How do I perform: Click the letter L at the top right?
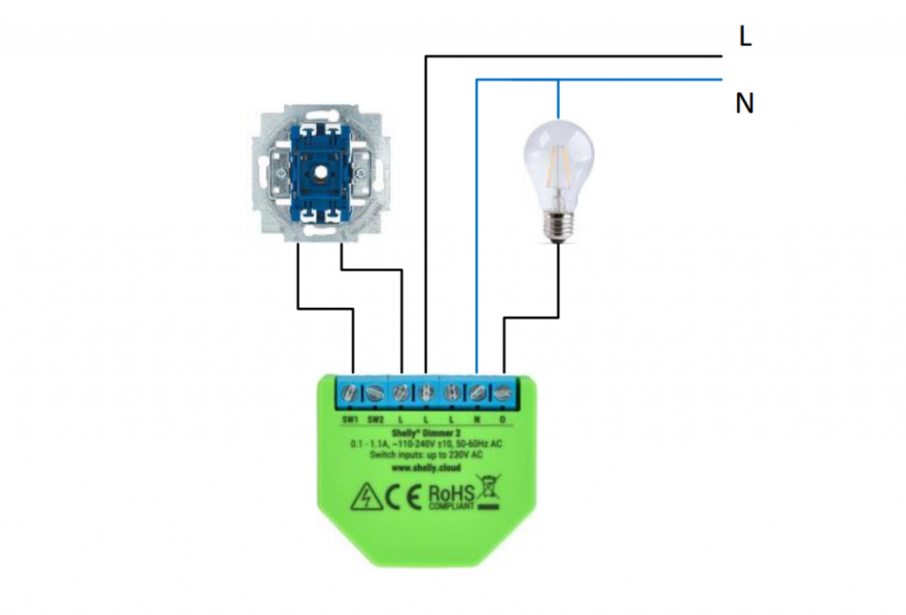point(745,37)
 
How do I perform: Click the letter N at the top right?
point(745,104)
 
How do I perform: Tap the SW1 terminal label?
point(349,418)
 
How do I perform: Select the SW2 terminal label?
point(375,418)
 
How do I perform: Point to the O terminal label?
point(503,418)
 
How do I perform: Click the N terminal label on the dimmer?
point(477,418)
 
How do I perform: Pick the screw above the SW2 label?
point(375,390)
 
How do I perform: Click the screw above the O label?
point(503,390)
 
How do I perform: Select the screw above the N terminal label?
point(478,390)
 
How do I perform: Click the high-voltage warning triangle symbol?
point(365,498)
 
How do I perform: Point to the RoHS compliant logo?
point(451,497)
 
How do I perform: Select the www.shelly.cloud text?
point(426,467)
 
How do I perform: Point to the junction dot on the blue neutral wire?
point(558,81)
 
